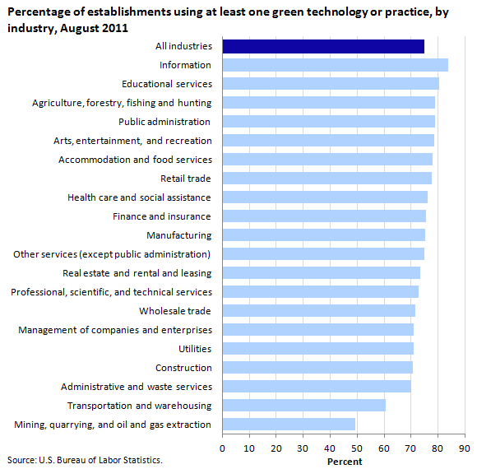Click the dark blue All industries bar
tap(323, 46)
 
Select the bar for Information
tap(336, 65)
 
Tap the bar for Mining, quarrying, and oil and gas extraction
tap(289, 425)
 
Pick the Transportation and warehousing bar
tap(304, 406)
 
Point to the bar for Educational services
tap(331, 84)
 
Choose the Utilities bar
tap(318, 349)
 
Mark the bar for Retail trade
tap(327, 179)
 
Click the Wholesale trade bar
tap(319, 311)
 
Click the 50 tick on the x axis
tap(357, 448)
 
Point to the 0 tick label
tap(222, 448)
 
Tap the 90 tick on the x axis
tap(465, 448)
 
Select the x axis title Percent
tap(345, 462)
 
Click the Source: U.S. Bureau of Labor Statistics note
tap(85, 460)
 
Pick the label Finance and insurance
tap(162, 216)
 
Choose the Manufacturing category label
tap(179, 235)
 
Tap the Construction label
tap(183, 368)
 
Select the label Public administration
tap(164, 122)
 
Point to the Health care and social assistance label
tap(139, 197)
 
